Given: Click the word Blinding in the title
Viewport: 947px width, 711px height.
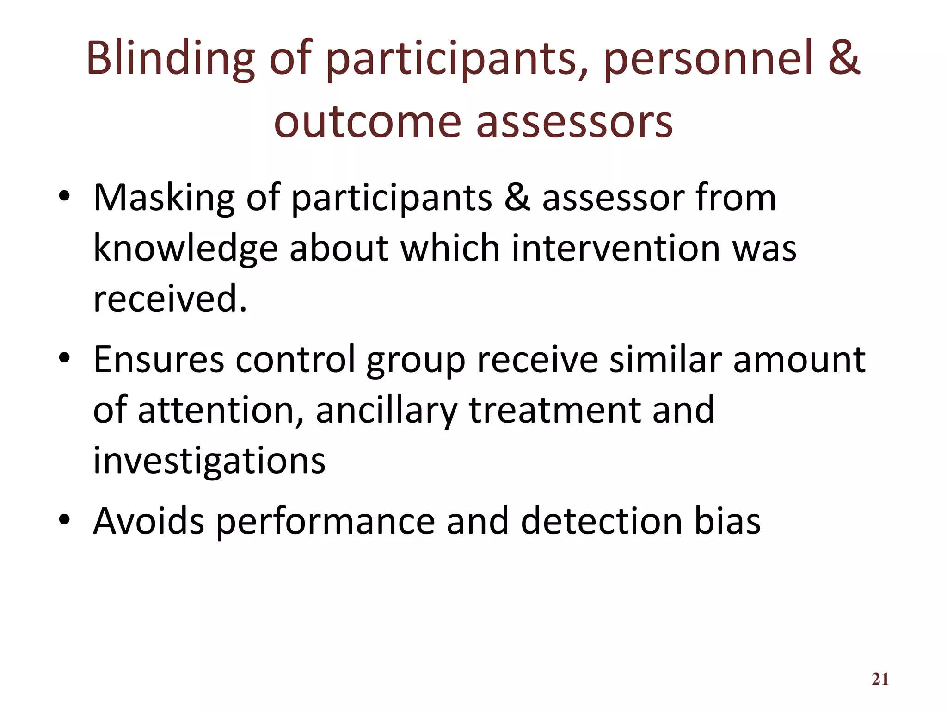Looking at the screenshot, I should click(170, 59).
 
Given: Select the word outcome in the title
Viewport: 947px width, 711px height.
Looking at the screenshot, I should click(368, 122).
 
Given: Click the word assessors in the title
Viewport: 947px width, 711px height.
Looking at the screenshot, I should click(574, 122).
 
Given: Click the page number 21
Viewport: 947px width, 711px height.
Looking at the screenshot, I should click(880, 679).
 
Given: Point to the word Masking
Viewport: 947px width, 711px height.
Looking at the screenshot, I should click(164, 198).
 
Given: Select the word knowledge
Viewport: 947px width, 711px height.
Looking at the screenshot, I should click(185, 249).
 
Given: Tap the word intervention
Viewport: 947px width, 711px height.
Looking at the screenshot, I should click(615, 248).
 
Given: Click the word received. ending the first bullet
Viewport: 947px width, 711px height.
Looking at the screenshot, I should click(170, 299).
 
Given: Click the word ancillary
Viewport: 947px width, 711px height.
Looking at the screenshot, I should click(386, 411).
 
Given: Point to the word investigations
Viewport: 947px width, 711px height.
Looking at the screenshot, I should click(209, 461).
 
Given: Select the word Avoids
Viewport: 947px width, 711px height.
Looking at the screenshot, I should click(148, 521).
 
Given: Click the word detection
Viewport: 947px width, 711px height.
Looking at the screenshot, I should click(601, 521).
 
